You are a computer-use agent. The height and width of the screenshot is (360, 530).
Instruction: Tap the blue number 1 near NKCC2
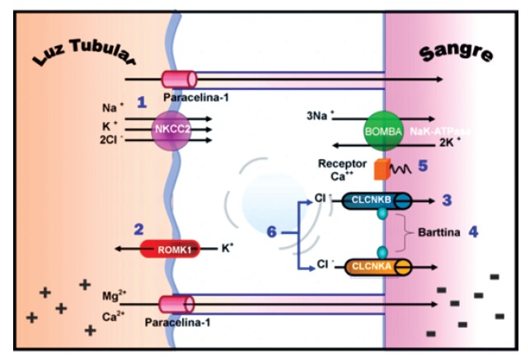coord(141,102)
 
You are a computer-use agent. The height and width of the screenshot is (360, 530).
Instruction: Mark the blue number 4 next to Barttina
coord(473,232)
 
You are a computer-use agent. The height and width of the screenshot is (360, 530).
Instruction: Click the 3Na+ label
coord(320,116)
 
